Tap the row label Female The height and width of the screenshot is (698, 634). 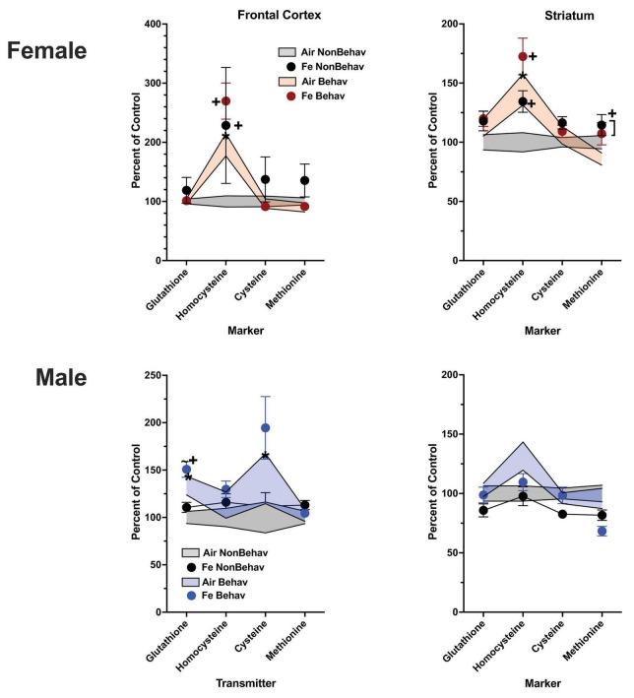pyautogui.click(x=48, y=50)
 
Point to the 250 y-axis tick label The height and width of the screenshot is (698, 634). pyautogui.click(x=152, y=375)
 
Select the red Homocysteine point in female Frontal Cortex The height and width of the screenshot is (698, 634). pyautogui.click(x=226, y=100)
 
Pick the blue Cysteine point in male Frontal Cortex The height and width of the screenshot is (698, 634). pyautogui.click(x=266, y=427)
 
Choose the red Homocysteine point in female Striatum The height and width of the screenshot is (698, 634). pyautogui.click(x=523, y=56)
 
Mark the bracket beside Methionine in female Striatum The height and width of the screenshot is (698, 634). pyautogui.click(x=615, y=128)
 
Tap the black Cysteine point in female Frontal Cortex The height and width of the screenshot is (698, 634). pyautogui.click(x=266, y=179)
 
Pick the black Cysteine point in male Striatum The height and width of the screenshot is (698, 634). pyautogui.click(x=562, y=514)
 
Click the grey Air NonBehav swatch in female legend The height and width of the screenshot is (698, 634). pyautogui.click(x=286, y=50)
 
